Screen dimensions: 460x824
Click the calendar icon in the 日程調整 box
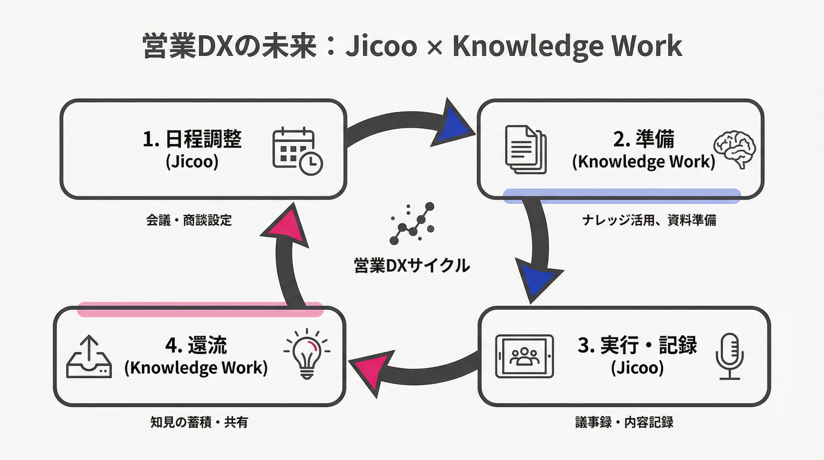[297, 151]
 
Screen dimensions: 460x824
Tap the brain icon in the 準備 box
[735, 149]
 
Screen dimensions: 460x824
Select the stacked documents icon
[525, 149]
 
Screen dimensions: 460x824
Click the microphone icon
[730, 356]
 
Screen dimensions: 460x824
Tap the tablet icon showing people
[524, 356]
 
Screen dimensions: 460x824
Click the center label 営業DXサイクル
[412, 266]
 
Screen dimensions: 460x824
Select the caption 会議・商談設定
[189, 220]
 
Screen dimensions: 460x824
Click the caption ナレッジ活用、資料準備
[649, 220]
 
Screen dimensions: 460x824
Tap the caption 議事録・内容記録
[624, 422]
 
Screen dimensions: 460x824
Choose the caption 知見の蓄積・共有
[199, 422]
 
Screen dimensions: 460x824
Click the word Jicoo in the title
[381, 47]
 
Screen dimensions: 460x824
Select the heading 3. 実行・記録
[637, 345]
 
